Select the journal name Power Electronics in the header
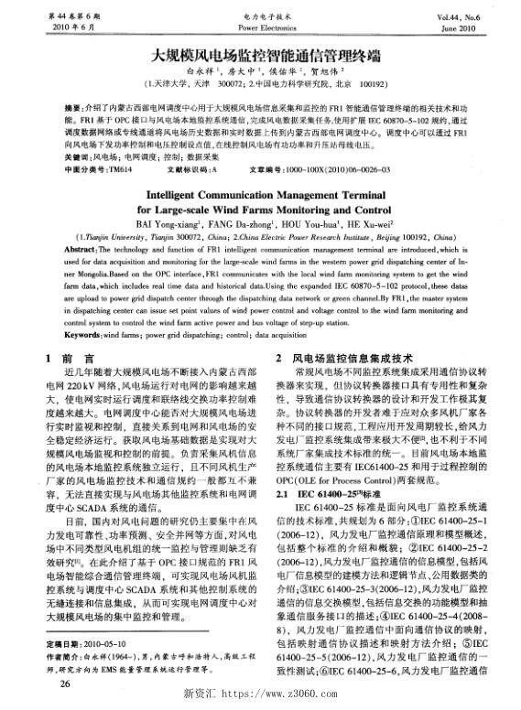[262, 28]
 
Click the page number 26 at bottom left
[39, 683]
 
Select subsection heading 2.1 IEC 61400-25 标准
[320, 492]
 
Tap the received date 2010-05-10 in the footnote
[102, 644]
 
